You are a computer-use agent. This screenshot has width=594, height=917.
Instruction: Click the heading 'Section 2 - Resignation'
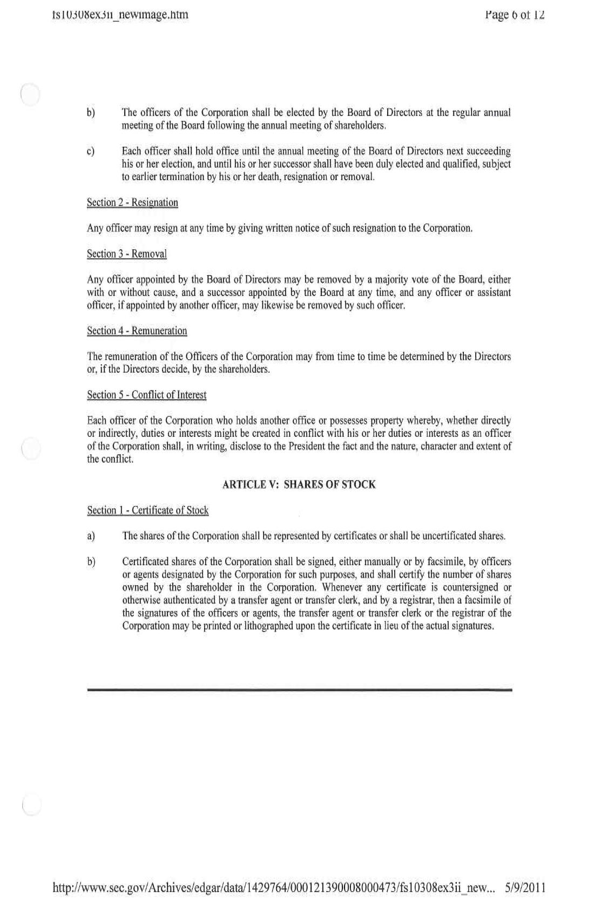click(132, 203)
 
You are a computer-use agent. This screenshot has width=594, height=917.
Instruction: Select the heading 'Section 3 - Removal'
click(127, 254)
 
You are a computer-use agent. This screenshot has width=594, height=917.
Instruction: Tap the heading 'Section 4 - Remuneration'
click(137, 331)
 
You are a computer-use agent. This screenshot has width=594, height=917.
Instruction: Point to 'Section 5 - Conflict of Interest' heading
click(147, 395)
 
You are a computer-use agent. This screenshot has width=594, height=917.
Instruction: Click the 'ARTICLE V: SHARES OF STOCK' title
click(299, 484)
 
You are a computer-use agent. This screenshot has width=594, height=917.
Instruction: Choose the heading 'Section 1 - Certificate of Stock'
click(148, 511)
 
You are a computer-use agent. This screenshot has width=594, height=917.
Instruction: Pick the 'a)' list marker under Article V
click(91, 536)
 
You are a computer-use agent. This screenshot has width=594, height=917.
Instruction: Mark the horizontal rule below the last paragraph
click(299, 689)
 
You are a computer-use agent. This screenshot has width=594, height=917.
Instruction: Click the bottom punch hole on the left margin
click(31, 804)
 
